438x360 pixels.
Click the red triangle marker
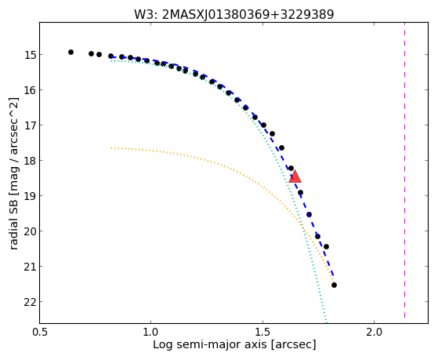tap(295, 176)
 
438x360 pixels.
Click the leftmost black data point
tap(71, 52)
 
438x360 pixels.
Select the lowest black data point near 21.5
tap(334, 285)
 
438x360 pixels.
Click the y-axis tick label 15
tap(29, 55)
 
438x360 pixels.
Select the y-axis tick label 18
tap(29, 161)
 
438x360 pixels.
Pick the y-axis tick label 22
tap(29, 302)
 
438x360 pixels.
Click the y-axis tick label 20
tap(29, 231)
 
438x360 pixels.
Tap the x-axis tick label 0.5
tap(40, 333)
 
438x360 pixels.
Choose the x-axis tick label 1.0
tap(151, 333)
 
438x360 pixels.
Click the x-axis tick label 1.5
tap(262, 333)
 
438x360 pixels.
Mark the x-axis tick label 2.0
tap(374, 333)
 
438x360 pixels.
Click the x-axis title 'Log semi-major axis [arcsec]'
tap(234, 344)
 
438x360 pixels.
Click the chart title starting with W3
tap(234, 14)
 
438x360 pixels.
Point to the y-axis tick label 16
tap(29, 89)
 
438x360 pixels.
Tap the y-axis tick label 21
tap(29, 267)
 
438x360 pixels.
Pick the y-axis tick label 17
tap(29, 125)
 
